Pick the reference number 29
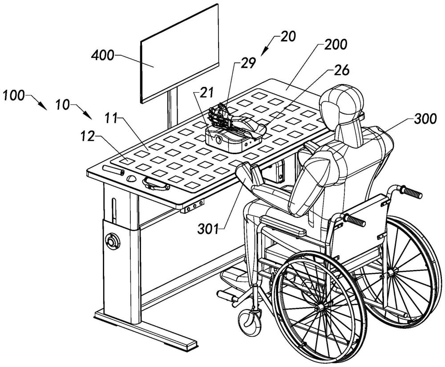[x=250, y=63]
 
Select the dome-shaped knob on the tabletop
[x=131, y=178]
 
